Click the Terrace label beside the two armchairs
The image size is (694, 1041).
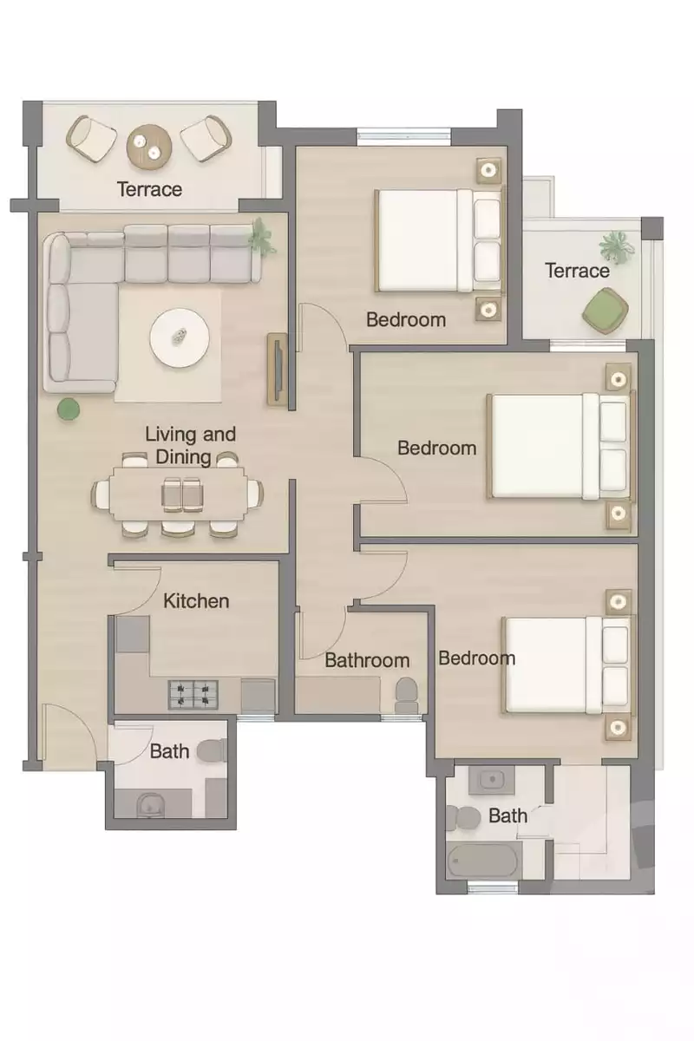click(150, 189)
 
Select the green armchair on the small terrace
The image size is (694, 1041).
click(605, 310)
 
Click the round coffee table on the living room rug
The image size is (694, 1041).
click(180, 337)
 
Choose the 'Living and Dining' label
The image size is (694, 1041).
click(190, 445)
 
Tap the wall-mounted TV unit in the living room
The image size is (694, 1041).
click(277, 370)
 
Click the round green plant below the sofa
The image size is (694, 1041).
click(68, 409)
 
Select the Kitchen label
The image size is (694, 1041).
click(197, 600)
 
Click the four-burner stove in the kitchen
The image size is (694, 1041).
click(193, 693)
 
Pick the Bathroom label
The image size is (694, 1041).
click(367, 660)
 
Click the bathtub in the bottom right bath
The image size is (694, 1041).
click(482, 861)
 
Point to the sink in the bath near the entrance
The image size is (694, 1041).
click(149, 806)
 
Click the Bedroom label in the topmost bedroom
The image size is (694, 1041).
click(406, 319)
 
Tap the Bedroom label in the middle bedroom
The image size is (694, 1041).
click(437, 448)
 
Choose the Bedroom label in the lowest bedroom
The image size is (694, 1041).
click(476, 658)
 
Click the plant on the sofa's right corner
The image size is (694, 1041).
click(259, 236)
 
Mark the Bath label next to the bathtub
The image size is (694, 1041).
click(507, 815)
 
